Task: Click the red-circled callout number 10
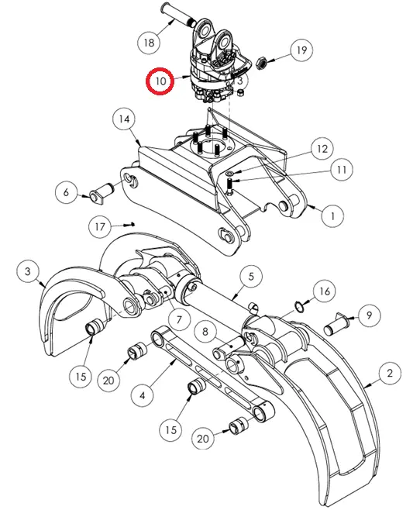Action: [x=160, y=81]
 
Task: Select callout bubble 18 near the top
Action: [x=149, y=43]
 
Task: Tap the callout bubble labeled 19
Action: [x=301, y=50]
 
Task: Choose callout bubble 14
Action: [x=124, y=119]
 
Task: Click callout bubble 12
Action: [x=322, y=149]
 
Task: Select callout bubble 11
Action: [x=342, y=170]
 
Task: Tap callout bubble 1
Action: [x=332, y=216]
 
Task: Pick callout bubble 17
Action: [x=100, y=226]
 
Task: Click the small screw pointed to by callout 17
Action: [x=129, y=225]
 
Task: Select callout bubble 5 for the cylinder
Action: [x=251, y=277]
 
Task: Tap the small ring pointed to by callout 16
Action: [x=300, y=306]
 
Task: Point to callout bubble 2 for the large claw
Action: [x=390, y=373]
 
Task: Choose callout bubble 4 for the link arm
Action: [x=143, y=395]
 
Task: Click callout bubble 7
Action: [x=179, y=320]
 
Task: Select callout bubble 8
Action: [x=205, y=332]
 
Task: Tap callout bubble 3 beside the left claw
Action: [x=28, y=271]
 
